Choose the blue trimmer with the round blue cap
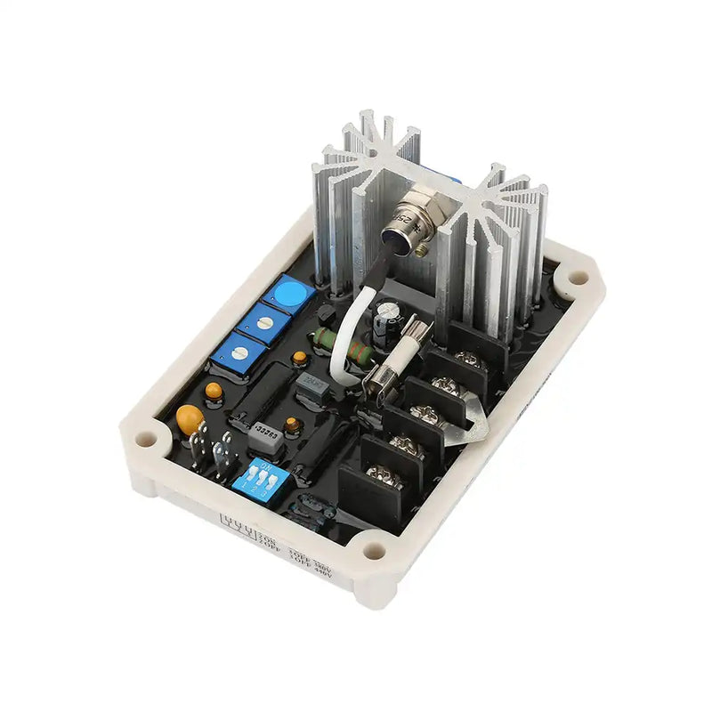pos(287,291)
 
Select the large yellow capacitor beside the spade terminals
pos(190,418)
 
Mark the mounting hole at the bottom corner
pos(375,554)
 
